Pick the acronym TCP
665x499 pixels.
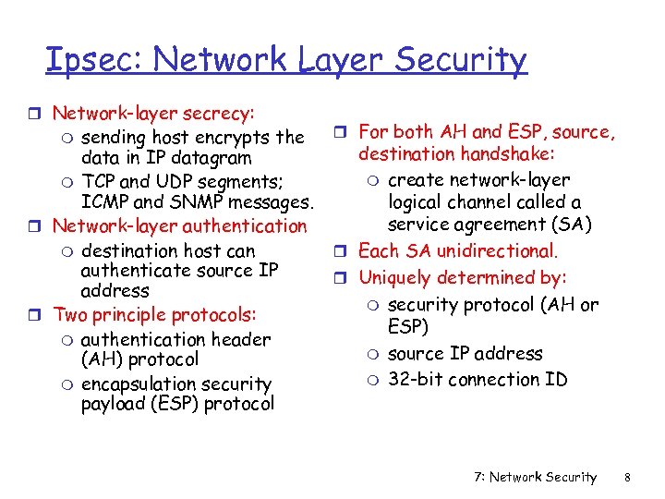99,180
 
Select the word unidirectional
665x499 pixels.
496,250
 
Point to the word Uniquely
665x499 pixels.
396,277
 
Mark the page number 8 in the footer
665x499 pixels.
626,477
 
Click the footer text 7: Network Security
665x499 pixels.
535,477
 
